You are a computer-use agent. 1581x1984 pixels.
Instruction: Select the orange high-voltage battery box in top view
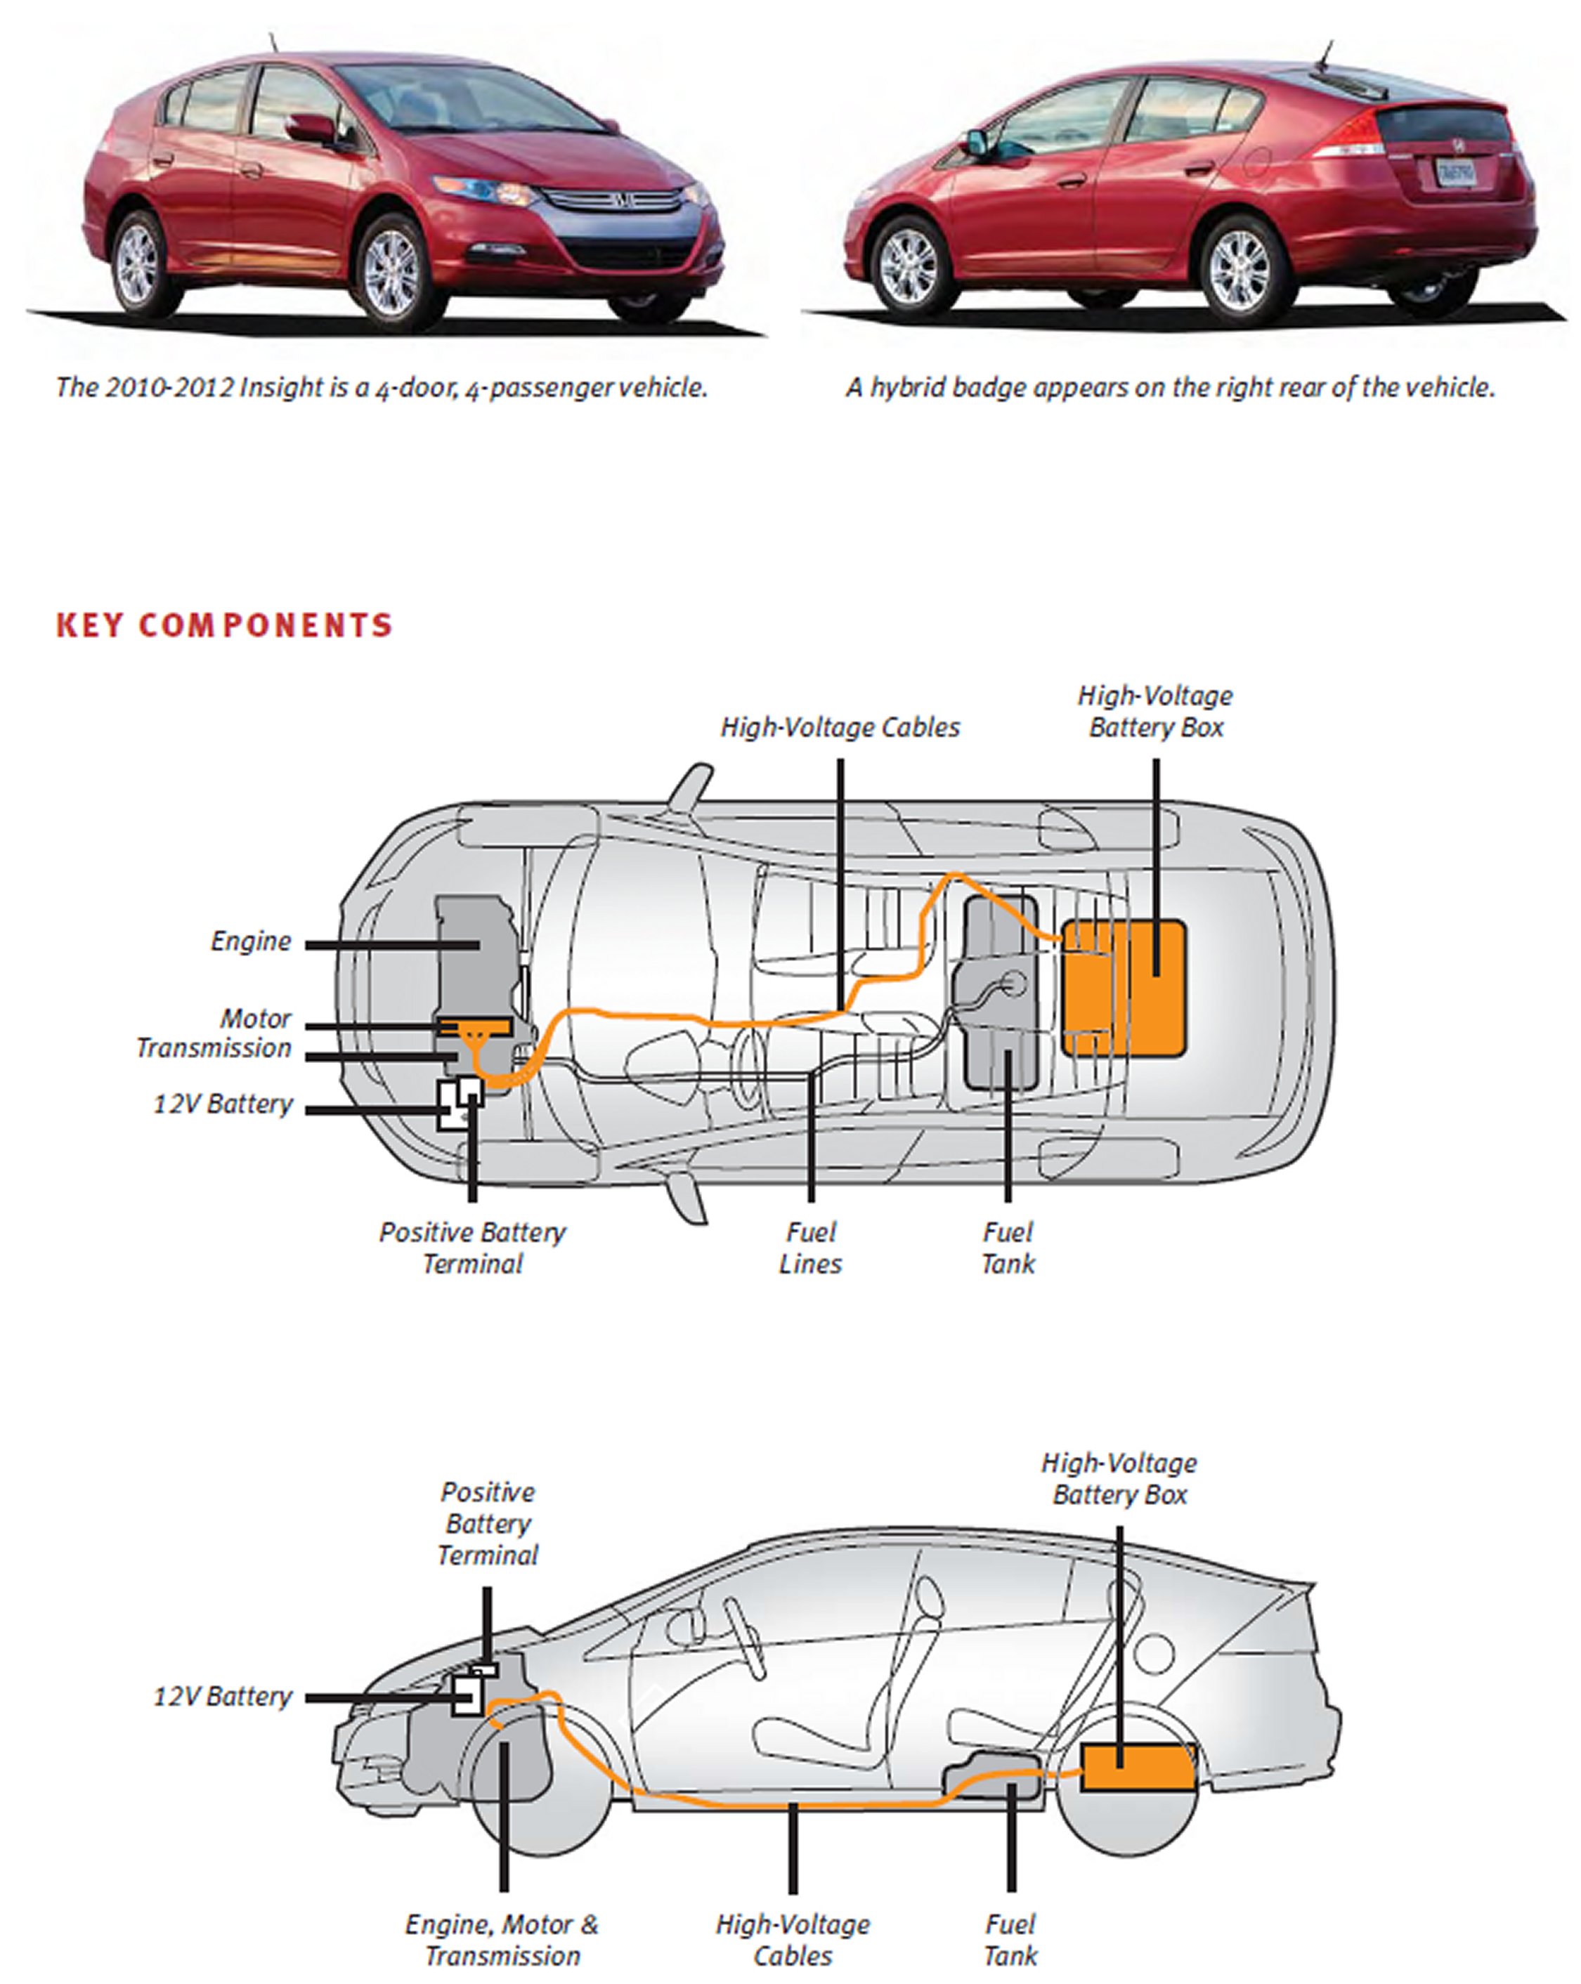(1124, 987)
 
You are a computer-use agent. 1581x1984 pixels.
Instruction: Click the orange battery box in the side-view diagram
(1138, 1768)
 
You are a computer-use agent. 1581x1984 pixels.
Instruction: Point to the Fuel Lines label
(810, 1248)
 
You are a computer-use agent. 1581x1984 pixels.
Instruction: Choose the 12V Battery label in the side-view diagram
(223, 1696)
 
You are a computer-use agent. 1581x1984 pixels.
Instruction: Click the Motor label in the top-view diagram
(255, 1019)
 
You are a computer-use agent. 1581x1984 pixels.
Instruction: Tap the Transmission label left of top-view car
(214, 1048)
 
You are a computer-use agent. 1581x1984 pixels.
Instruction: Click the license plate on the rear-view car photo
(1457, 172)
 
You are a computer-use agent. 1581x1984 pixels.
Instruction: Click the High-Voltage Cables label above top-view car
(839, 727)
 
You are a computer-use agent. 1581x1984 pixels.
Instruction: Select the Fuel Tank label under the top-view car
(1008, 1248)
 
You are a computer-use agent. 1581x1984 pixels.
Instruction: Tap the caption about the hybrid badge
(1171, 387)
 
